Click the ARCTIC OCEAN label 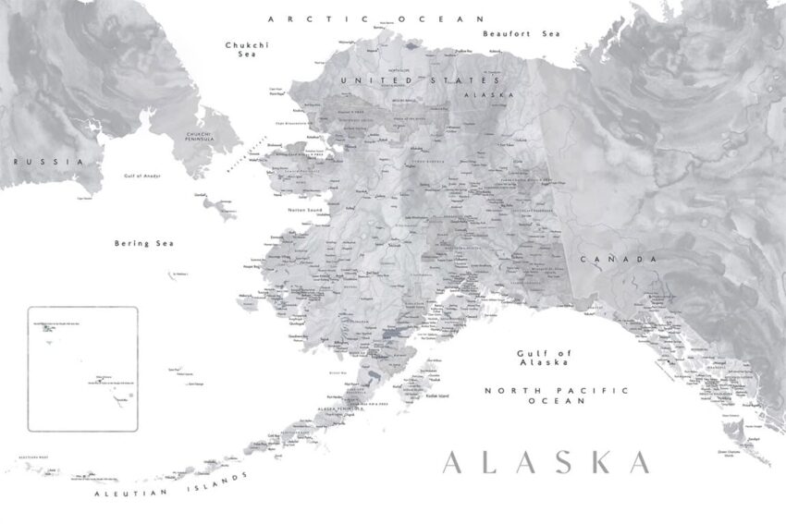(x=375, y=18)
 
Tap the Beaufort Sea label (x=522, y=33)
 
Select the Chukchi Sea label (x=240, y=49)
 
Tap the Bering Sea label (x=144, y=243)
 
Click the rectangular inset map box (x=82, y=369)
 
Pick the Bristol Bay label (x=338, y=372)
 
